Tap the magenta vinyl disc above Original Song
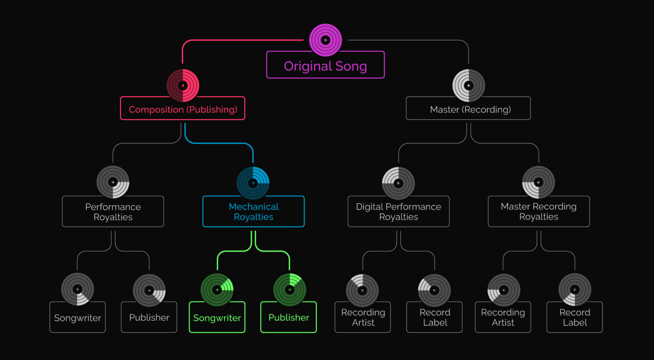pyautogui.click(x=325, y=40)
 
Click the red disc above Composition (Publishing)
pyautogui.click(x=183, y=86)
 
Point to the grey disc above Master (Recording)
pyautogui.click(x=468, y=86)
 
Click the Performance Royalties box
pyautogui.click(x=113, y=211)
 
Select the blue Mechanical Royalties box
pyautogui.click(x=253, y=211)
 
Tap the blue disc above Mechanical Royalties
pyautogui.click(x=253, y=183)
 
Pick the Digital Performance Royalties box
pyautogui.click(x=399, y=211)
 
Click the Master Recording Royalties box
pyautogui.click(x=539, y=211)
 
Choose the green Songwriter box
pyautogui.click(x=217, y=317)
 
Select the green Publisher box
pyautogui.click(x=289, y=317)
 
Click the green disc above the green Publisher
pyautogui.click(x=290, y=290)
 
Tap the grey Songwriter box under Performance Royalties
pyautogui.click(x=77, y=317)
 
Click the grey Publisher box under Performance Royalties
pyautogui.click(x=149, y=317)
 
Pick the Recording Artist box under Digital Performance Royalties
pyautogui.click(x=363, y=317)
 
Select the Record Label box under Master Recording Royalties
pyautogui.click(x=575, y=317)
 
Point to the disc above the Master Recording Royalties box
pyautogui.click(x=539, y=182)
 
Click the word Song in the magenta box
pyautogui.click(x=351, y=66)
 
